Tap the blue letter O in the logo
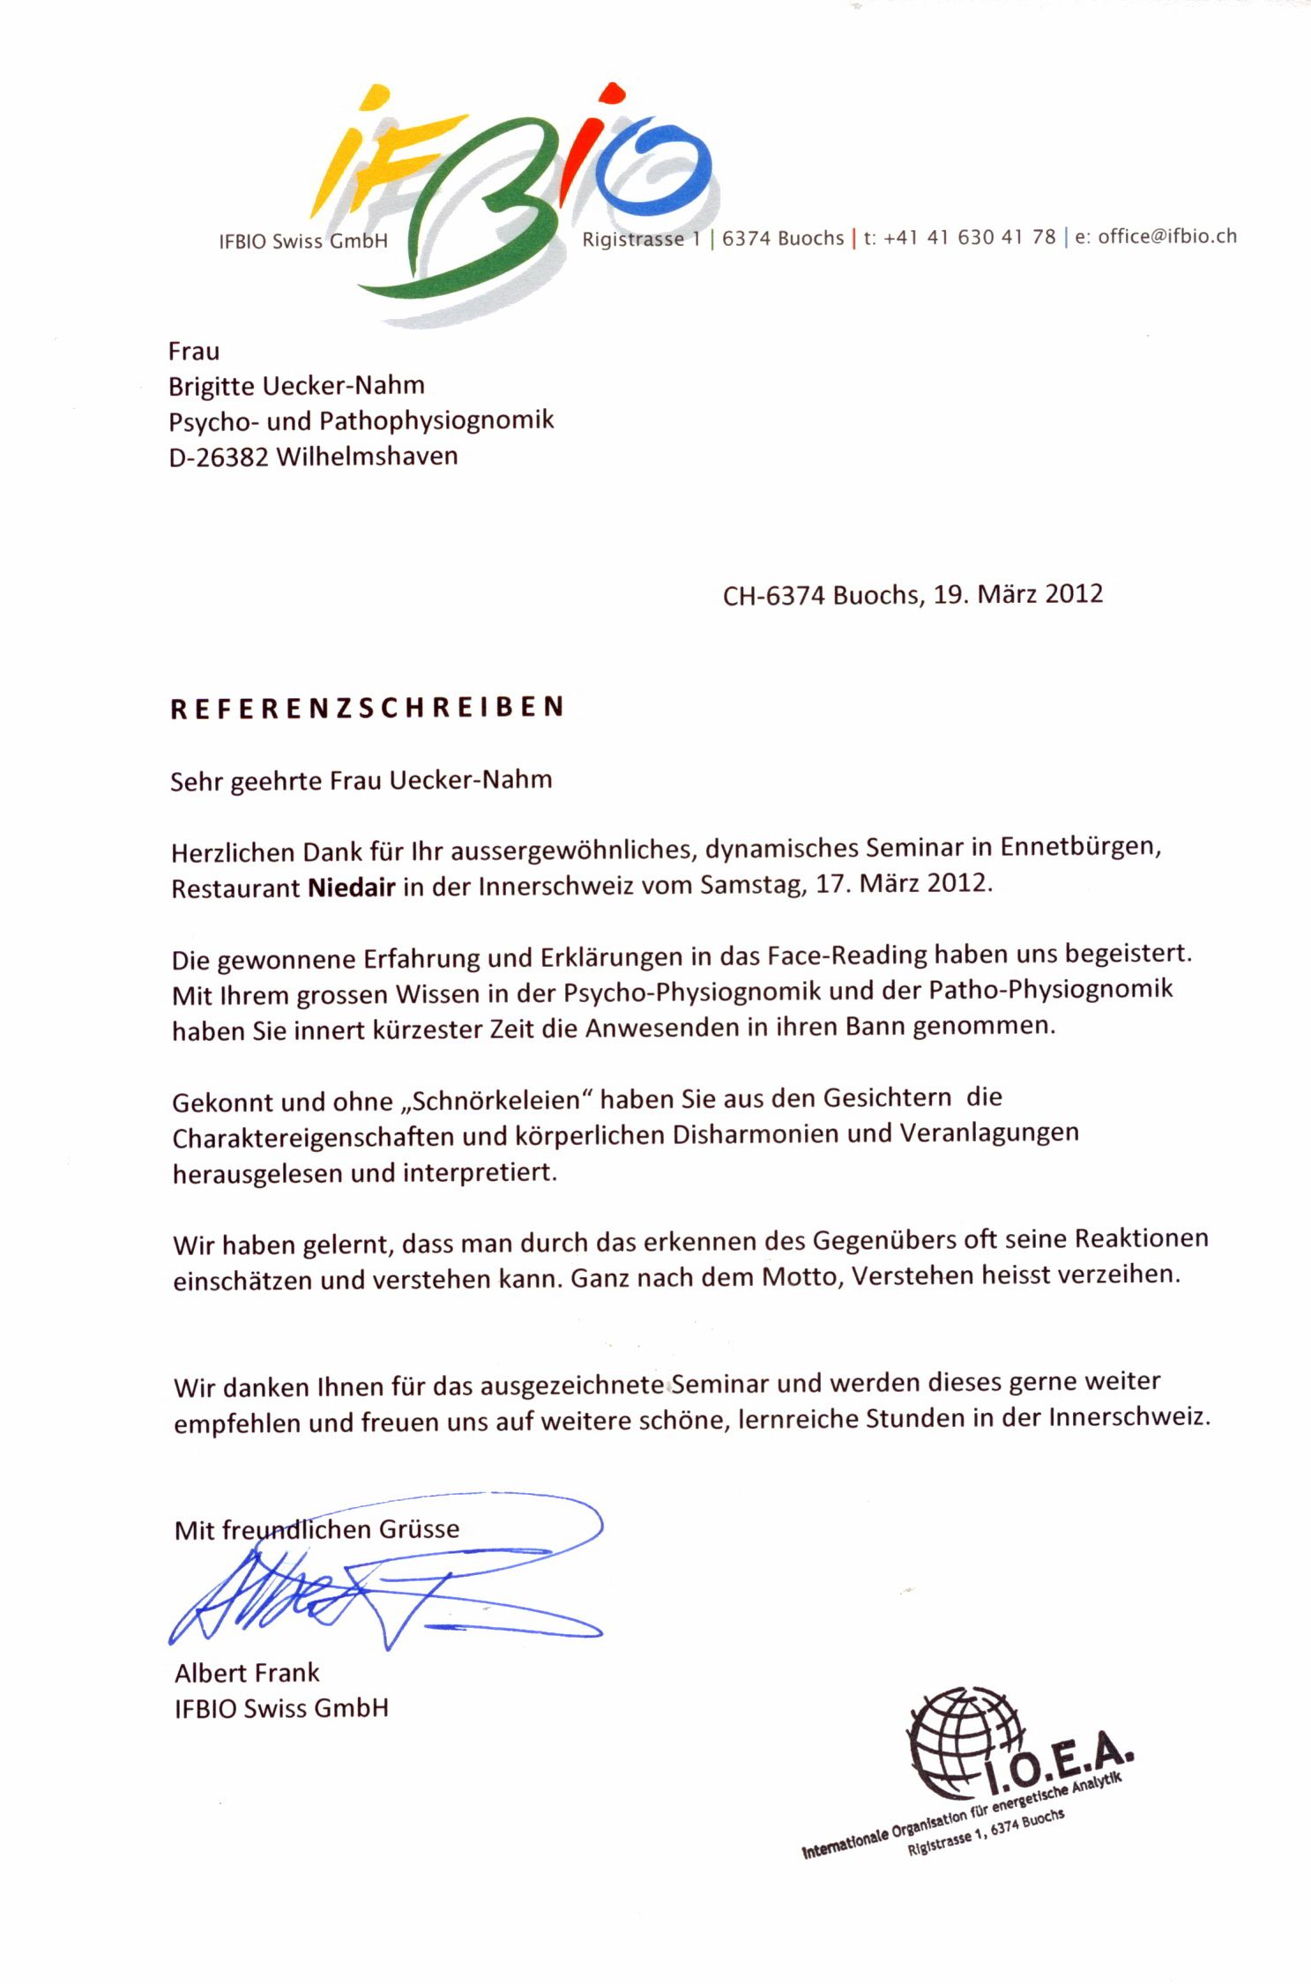[x=652, y=167]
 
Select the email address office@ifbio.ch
[x=1166, y=236]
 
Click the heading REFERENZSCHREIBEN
[x=367, y=709]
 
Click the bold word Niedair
[x=351, y=887]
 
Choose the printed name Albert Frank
[x=247, y=1673]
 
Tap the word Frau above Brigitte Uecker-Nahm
[x=194, y=351]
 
